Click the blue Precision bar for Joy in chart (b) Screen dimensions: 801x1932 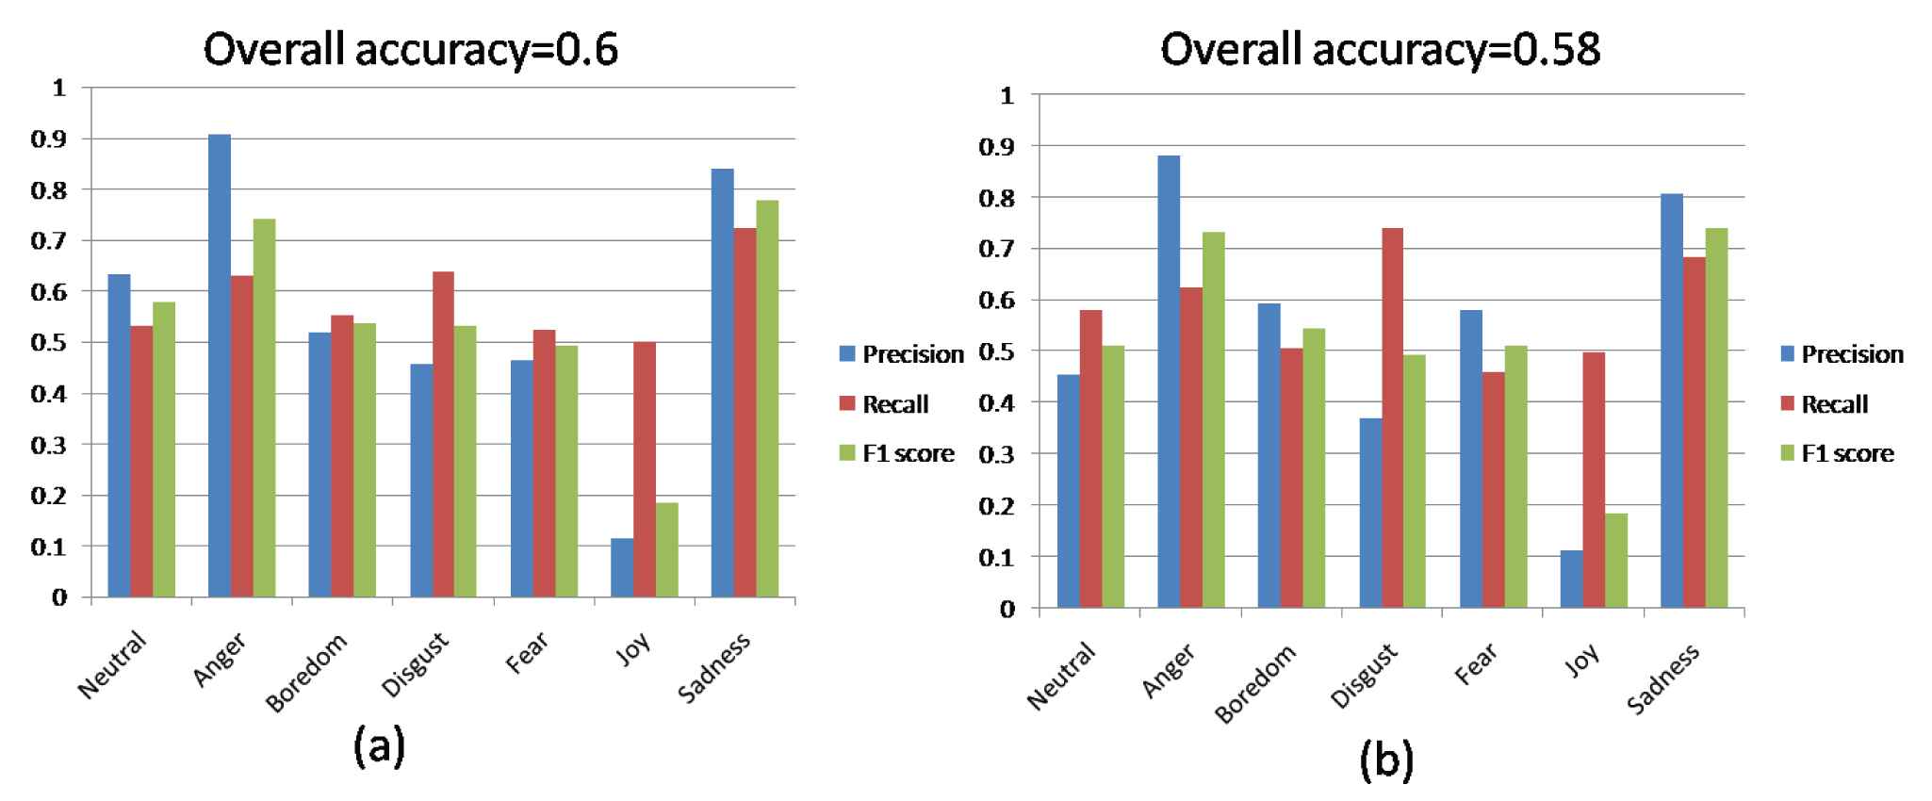click(1571, 579)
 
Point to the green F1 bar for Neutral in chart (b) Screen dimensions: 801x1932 click(1113, 477)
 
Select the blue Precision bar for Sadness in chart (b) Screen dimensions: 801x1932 click(1672, 400)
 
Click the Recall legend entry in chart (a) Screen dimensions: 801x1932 click(894, 404)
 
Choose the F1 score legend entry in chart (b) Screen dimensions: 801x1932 click(1846, 453)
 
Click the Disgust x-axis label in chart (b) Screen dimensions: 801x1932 click(1364, 677)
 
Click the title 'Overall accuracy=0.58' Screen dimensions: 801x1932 click(1380, 49)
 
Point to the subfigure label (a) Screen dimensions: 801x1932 click(379, 746)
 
